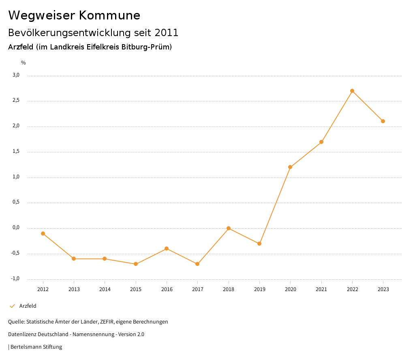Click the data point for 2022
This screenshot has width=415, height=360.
click(352, 91)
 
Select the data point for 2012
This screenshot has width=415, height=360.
click(43, 234)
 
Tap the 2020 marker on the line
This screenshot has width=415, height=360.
click(290, 167)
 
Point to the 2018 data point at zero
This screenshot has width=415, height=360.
click(229, 228)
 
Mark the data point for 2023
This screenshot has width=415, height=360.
click(383, 121)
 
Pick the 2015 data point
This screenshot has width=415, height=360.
click(136, 264)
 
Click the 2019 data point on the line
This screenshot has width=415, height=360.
click(259, 244)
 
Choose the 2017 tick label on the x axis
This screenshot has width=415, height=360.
click(197, 289)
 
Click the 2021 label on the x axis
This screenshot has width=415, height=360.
click(321, 289)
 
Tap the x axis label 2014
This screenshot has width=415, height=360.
click(105, 289)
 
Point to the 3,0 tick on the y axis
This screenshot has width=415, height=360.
click(16, 75)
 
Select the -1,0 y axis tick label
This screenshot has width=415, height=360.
click(15, 279)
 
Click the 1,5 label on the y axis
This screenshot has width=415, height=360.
click(16, 151)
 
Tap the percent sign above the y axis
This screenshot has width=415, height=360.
click(24, 63)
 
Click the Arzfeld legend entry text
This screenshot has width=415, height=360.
click(28, 306)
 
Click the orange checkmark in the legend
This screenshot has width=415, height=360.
click(12, 306)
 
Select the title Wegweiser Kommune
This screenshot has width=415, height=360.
click(74, 15)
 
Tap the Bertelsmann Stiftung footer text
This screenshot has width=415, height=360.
click(36, 347)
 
